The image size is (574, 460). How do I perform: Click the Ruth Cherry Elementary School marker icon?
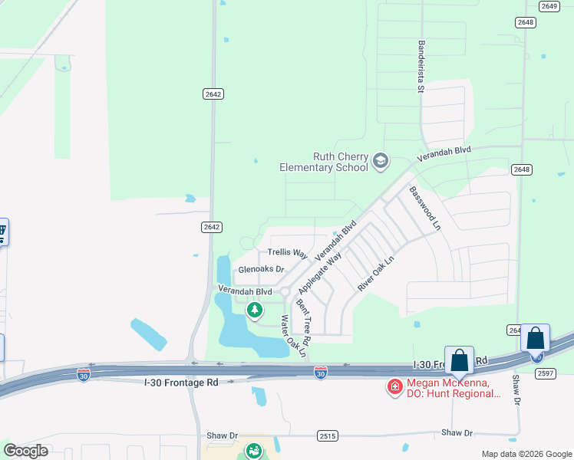(x=381, y=161)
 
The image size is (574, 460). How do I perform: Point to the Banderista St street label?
(x=421, y=67)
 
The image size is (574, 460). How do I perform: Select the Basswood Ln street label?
(x=425, y=208)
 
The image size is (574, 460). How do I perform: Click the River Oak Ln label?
(x=375, y=272)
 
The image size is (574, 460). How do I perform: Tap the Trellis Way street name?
(x=287, y=253)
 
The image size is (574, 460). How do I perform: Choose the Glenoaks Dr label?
(x=261, y=270)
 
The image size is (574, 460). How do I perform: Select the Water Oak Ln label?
(x=292, y=337)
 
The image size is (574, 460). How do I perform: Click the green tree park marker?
(x=255, y=310)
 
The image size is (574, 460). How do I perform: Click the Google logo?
(x=25, y=451)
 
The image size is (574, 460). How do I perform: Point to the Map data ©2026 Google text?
(x=526, y=454)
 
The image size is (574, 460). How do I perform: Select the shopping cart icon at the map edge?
(x=2, y=230)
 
